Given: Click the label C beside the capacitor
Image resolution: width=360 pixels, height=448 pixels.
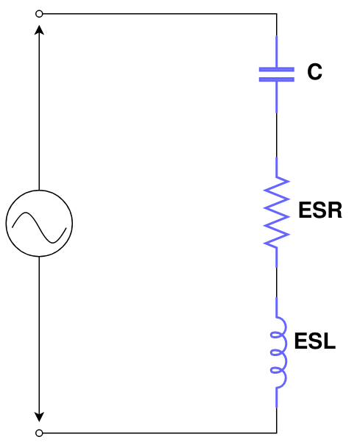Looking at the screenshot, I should pos(314,73).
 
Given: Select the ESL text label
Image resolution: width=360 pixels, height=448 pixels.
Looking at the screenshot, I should pos(314,341).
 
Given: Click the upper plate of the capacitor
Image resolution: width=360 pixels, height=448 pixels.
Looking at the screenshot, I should pos(276,70).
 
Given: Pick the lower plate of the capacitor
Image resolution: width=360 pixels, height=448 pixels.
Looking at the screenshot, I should pos(276,79).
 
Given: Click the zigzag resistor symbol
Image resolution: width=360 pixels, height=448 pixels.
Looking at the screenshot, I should pos(277,211).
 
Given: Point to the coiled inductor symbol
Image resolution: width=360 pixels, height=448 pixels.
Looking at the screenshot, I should pos(278,353).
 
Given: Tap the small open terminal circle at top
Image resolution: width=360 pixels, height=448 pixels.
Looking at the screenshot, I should pos(39,13).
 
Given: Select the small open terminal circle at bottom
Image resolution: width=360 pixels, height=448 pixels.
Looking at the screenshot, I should pos(39,433).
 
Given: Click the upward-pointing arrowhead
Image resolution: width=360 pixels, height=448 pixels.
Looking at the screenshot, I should pos(39,30).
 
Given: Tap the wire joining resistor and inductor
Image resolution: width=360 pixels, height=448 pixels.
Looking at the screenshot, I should pos(276,283).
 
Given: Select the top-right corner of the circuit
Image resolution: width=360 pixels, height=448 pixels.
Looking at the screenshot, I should pos(276,13).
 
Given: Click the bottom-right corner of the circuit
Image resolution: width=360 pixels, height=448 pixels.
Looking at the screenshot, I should pos(276,433).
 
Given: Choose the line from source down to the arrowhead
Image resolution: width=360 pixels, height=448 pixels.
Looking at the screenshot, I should pos(39,331).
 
